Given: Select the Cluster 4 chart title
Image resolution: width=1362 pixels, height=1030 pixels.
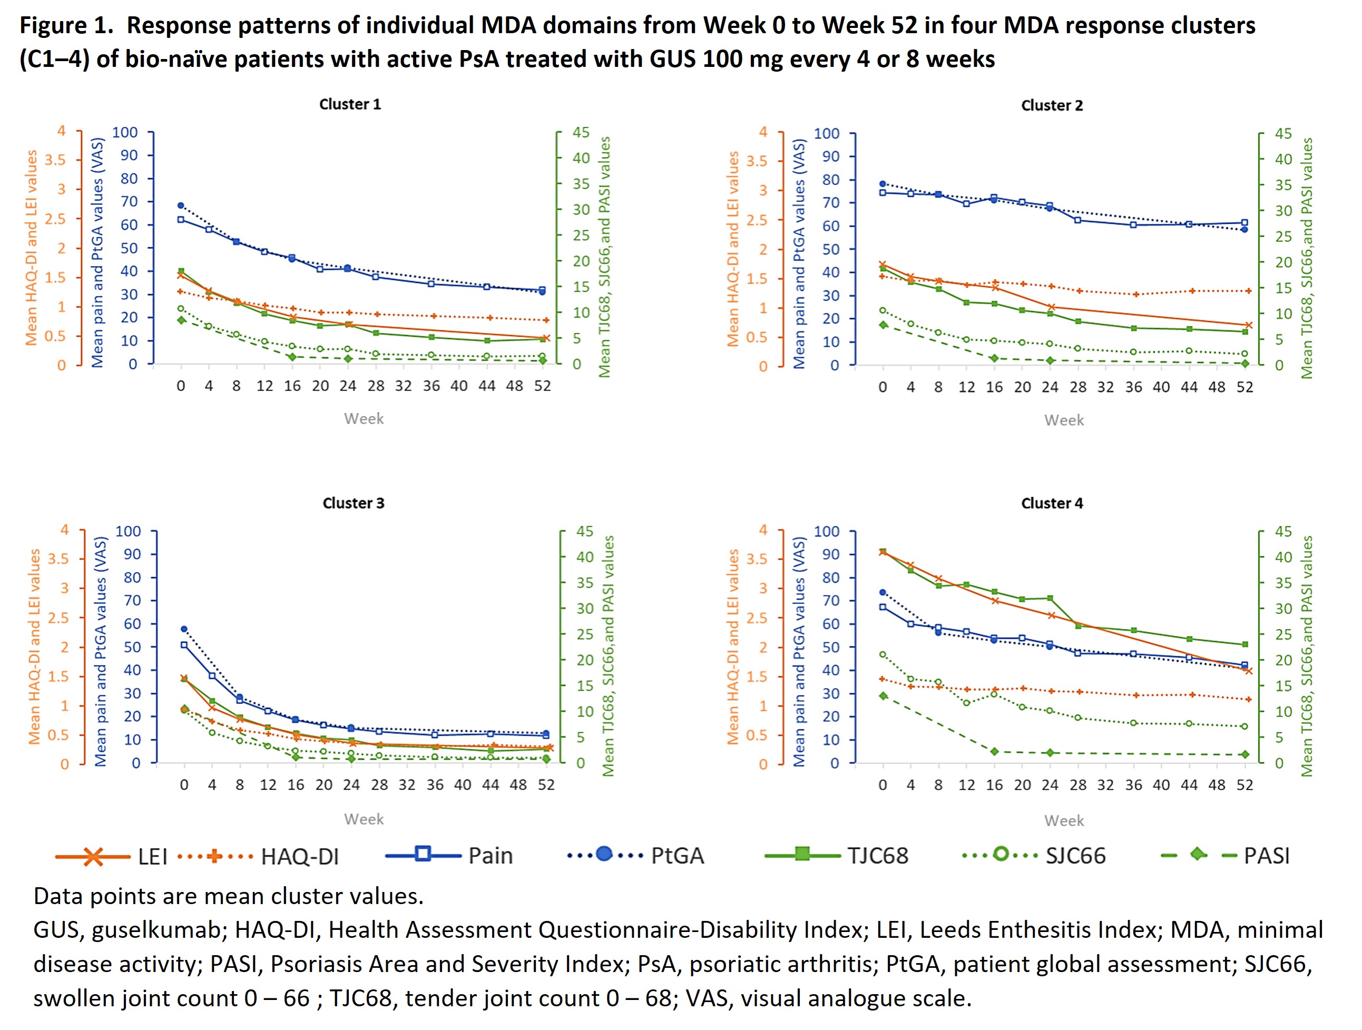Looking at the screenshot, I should click(1051, 503).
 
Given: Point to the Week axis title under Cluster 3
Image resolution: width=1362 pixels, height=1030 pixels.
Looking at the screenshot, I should click(363, 819).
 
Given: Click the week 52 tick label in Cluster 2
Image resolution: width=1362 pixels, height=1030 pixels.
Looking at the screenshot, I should click(1245, 387).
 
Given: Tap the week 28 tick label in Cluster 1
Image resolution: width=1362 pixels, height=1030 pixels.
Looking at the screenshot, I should click(376, 386).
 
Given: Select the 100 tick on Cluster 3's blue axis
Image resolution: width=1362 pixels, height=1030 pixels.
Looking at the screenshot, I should click(128, 531).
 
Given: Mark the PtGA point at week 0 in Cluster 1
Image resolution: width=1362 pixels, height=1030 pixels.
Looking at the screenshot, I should click(180, 205).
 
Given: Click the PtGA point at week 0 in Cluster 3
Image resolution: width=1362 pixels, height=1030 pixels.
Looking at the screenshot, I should click(184, 629).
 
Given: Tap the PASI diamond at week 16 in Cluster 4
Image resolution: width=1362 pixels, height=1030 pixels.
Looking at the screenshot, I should click(994, 751).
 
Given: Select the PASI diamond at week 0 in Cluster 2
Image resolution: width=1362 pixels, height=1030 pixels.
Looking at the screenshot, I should click(883, 325).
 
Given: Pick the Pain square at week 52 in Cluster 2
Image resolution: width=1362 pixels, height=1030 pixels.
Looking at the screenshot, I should click(1245, 223).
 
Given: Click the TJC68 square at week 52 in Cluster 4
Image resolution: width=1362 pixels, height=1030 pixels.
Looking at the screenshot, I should click(1245, 644).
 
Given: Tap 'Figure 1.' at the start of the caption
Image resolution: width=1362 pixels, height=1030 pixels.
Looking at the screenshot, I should click(66, 25).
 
